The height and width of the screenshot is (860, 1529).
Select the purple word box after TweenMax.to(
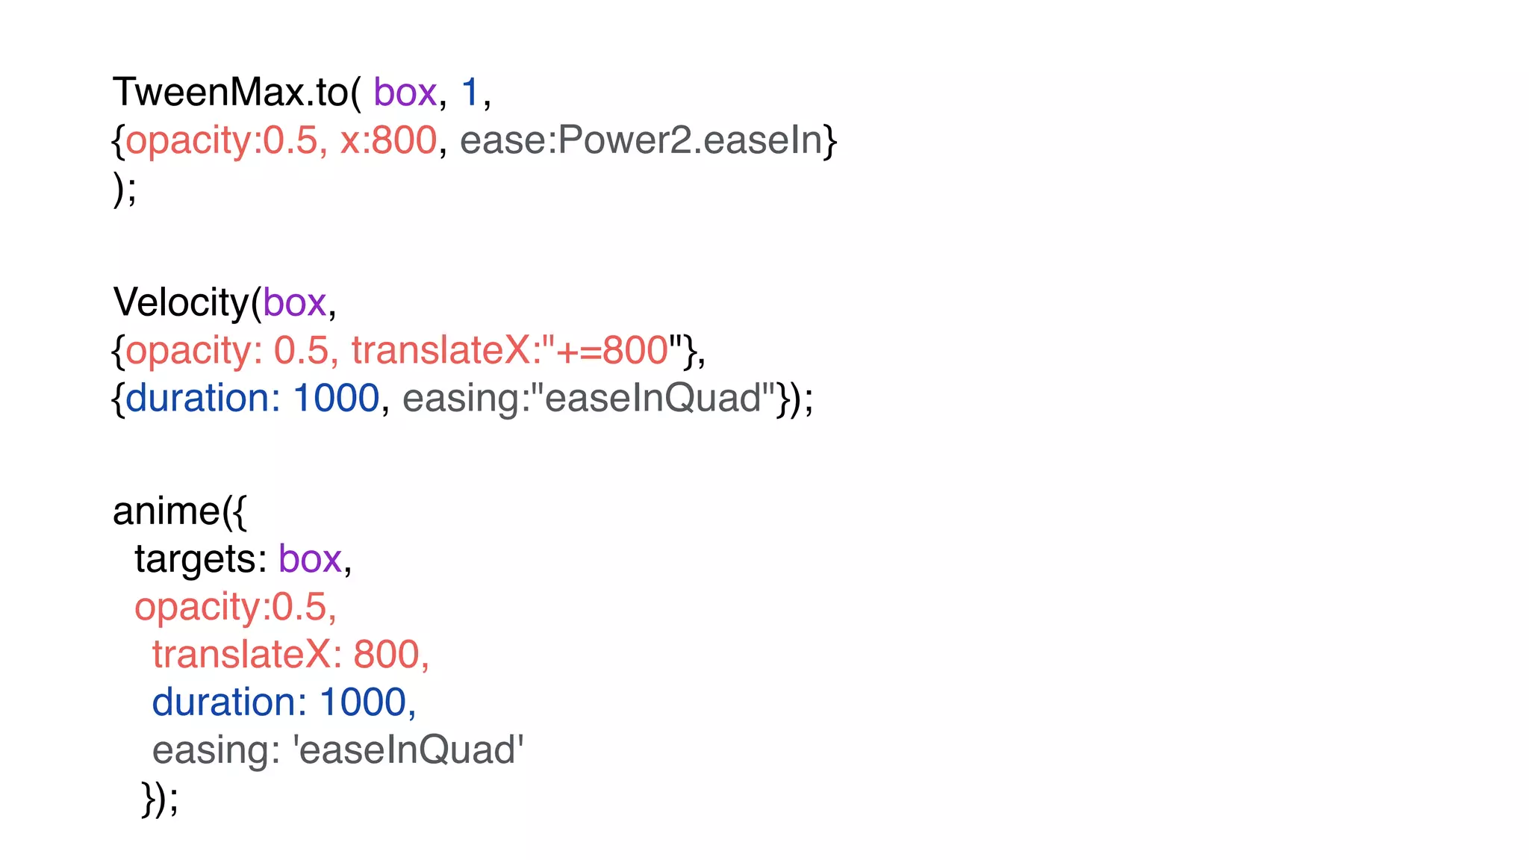click(x=405, y=93)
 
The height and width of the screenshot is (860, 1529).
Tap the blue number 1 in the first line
click(x=470, y=93)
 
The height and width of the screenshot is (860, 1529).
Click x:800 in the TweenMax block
click(x=388, y=140)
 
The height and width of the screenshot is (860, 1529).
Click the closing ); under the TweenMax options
click(x=125, y=188)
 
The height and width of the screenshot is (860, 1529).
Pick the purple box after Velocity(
click(x=294, y=302)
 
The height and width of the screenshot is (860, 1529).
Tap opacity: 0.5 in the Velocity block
click(x=227, y=350)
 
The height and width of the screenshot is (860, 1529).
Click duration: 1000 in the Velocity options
click(x=252, y=398)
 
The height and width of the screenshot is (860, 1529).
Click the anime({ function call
click(x=179, y=511)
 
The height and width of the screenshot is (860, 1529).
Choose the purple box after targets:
click(x=310, y=559)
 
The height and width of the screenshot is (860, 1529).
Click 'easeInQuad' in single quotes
click(x=408, y=750)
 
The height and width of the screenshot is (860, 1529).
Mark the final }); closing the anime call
click(x=160, y=798)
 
